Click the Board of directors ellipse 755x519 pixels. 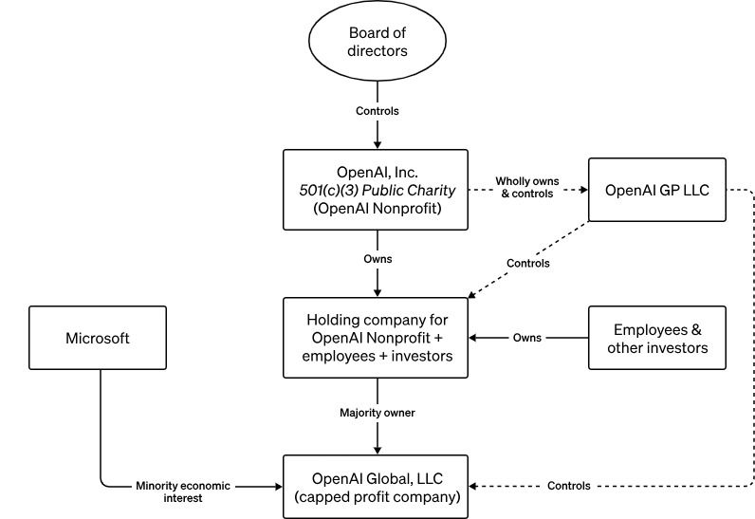(377, 44)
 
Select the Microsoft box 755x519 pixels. (98, 338)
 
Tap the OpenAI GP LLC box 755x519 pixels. (656, 190)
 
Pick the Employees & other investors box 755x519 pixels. (656, 338)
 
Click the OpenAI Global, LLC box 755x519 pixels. (377, 486)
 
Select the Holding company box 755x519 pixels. (377, 337)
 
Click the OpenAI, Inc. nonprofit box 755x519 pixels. (377, 190)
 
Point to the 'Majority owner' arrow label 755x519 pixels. (377, 413)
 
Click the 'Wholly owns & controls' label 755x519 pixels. (527, 187)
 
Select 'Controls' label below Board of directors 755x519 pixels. (377, 111)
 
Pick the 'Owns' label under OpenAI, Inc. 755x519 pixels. (377, 257)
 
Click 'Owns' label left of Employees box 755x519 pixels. (527, 338)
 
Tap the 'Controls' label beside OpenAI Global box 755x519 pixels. (569, 486)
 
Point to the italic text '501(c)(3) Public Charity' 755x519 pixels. (377, 190)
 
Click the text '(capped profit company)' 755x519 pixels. (377, 496)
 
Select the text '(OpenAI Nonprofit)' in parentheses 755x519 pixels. (377, 208)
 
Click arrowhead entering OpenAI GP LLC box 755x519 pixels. (582, 190)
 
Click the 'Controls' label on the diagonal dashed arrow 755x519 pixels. (527, 263)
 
